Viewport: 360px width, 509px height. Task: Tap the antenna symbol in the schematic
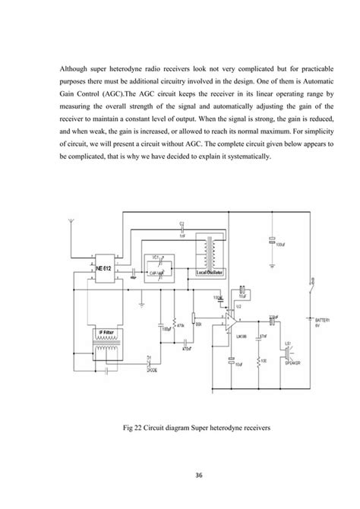click(70, 225)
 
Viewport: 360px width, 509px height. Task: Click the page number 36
click(180, 476)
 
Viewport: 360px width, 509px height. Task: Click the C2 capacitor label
click(182, 223)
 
